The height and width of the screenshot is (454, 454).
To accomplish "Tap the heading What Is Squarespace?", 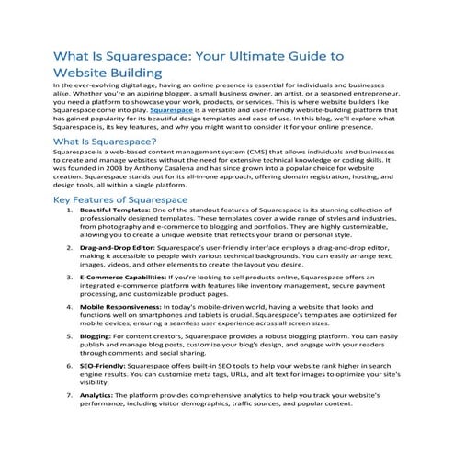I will (x=102, y=142).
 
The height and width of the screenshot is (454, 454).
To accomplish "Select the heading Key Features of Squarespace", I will (x=121, y=224).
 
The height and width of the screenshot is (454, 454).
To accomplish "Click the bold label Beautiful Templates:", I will (x=113, y=236).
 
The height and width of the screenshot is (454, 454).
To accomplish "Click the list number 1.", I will (x=70, y=236).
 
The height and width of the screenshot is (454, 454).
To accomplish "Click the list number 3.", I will (x=70, y=302).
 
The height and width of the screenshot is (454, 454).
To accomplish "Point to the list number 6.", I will (x=70, y=391).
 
